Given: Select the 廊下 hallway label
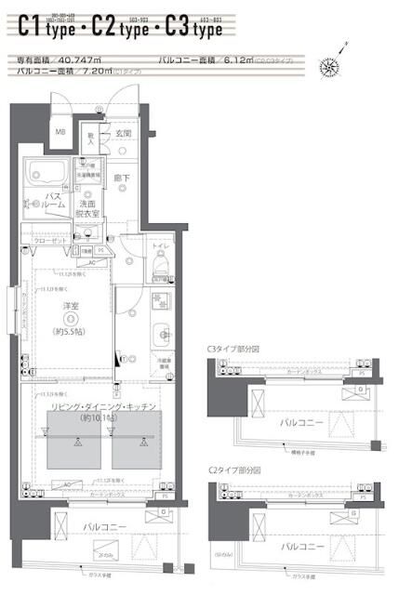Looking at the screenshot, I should pyautogui.click(x=122, y=177).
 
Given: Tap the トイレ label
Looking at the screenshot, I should pyautogui.click(x=160, y=245).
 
